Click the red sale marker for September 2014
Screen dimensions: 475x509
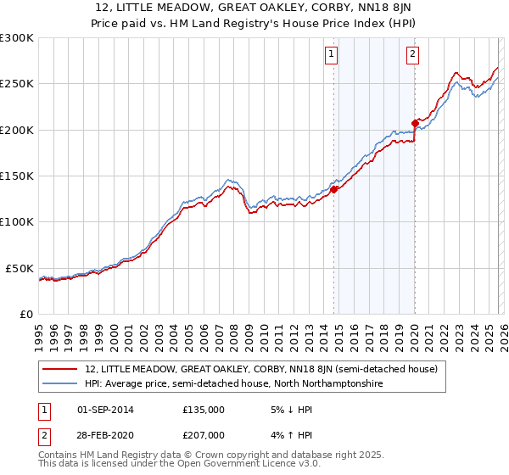click(x=333, y=190)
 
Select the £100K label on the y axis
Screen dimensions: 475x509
click(x=17, y=221)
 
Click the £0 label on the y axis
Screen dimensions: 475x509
click(x=25, y=314)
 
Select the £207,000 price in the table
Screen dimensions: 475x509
click(x=204, y=435)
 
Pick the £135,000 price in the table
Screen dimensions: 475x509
click(x=204, y=410)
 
